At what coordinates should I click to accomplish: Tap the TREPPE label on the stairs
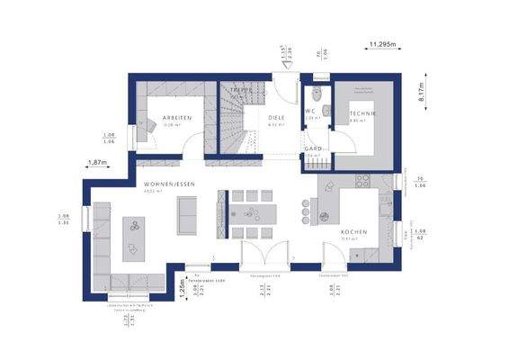pyautogui.click(x=240, y=91)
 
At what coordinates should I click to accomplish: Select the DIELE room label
pyautogui.click(x=277, y=119)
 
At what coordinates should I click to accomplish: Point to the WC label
pyautogui.click(x=312, y=111)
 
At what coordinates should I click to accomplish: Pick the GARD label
pyautogui.click(x=313, y=148)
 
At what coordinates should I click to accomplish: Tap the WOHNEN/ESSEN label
pyautogui.click(x=163, y=184)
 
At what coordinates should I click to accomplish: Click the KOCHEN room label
pyautogui.click(x=353, y=233)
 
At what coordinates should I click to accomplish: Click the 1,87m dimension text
pyautogui.click(x=97, y=163)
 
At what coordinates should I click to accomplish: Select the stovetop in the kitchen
pyautogui.click(x=363, y=179)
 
